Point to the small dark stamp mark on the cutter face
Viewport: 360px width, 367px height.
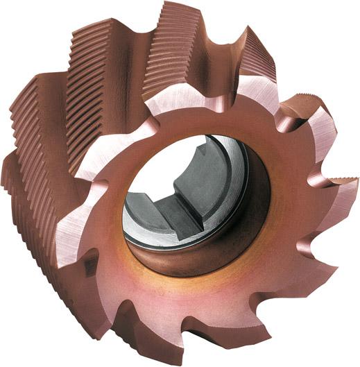click(89, 264)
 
